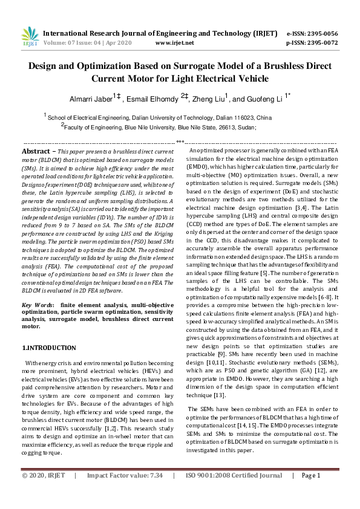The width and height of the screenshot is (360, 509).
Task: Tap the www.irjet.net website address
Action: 174,43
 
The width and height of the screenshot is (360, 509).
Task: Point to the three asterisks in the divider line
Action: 180,141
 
